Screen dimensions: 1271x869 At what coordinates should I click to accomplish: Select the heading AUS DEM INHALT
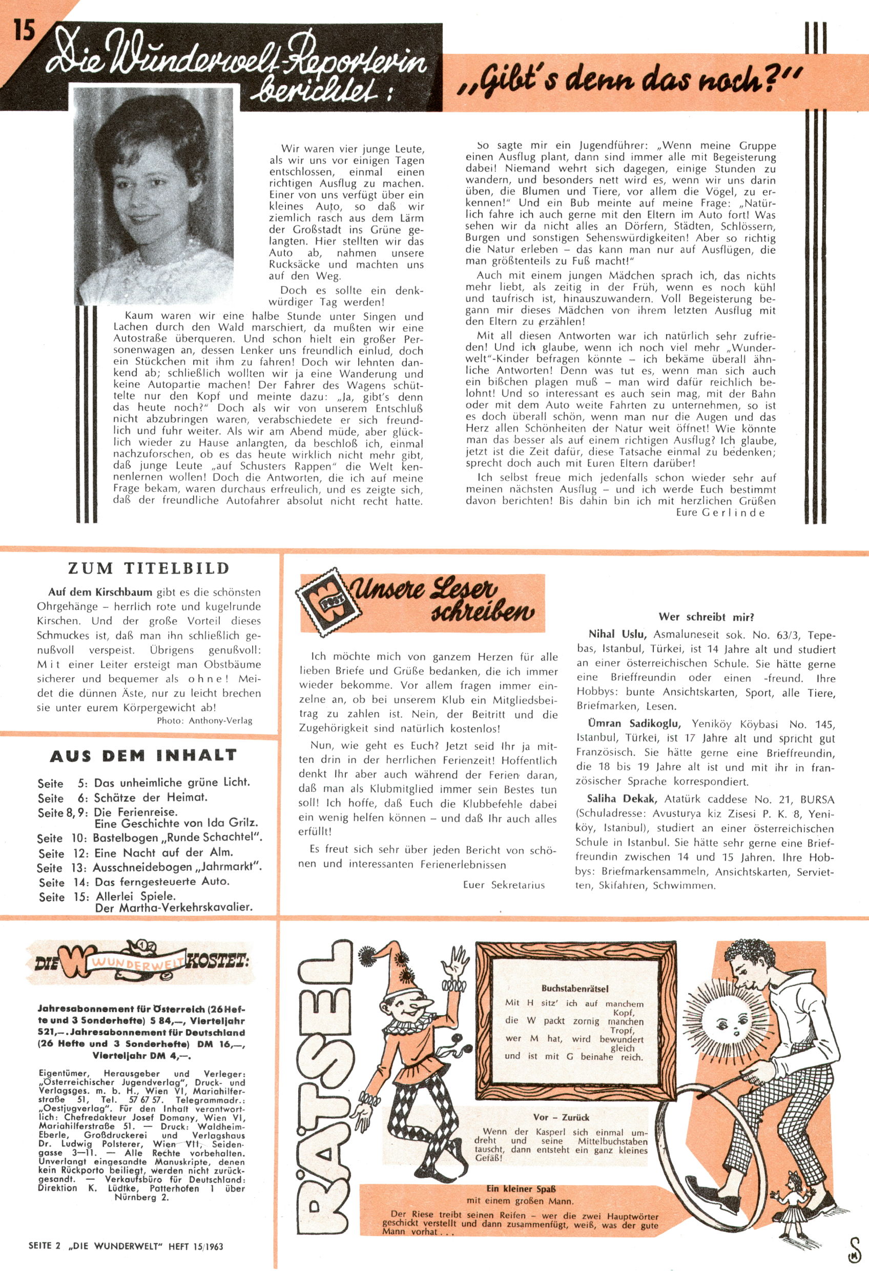143,755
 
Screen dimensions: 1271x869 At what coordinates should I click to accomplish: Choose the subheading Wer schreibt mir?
707,618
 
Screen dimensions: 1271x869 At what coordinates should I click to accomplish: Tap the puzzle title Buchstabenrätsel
575,988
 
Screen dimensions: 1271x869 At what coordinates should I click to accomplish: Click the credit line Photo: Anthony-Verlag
204,720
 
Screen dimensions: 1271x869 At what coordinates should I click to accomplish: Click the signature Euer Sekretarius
504,885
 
